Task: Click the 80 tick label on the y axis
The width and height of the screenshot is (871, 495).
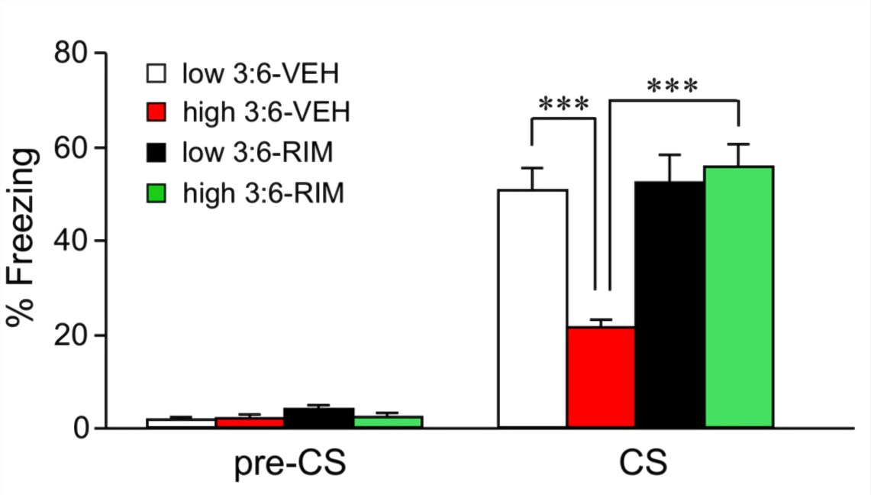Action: pos(73,53)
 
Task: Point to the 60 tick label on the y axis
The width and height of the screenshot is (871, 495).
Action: pos(73,147)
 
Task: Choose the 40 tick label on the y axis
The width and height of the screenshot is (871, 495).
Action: pos(73,241)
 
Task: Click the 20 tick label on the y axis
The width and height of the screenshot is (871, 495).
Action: pos(73,335)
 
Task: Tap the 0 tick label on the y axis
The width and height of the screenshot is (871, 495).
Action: pos(82,429)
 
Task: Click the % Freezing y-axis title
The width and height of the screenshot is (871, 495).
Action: pos(23,238)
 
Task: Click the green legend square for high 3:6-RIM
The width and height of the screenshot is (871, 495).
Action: pos(157,194)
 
